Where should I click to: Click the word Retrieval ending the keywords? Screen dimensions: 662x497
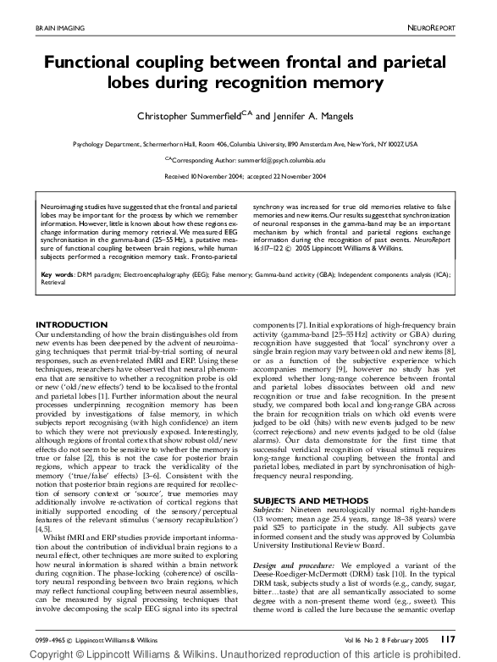54,284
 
